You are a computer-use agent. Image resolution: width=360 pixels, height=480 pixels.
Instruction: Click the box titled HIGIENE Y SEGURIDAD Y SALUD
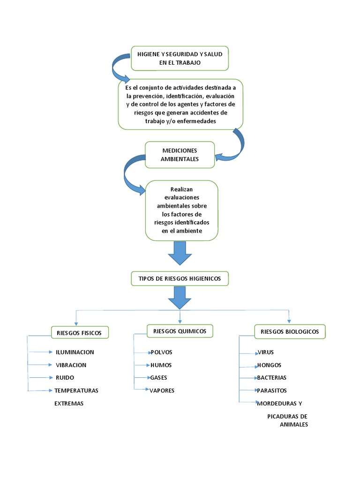(x=180, y=59)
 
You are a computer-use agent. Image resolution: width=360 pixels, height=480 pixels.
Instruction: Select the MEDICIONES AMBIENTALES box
(x=180, y=155)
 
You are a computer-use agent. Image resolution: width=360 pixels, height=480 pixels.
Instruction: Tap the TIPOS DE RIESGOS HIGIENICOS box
(x=180, y=278)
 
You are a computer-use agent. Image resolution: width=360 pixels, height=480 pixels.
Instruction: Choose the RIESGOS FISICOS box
(x=80, y=333)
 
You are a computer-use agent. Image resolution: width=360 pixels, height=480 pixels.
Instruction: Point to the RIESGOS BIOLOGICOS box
(x=290, y=331)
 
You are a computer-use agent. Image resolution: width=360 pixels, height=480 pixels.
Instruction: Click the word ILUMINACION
(x=75, y=352)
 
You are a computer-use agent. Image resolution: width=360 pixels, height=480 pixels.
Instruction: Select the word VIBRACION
(x=71, y=365)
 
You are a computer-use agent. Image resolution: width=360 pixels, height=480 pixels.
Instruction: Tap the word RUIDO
(x=65, y=377)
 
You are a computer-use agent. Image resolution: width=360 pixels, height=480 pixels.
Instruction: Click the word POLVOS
(x=162, y=352)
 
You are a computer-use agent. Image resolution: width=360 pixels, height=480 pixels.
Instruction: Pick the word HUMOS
(x=161, y=365)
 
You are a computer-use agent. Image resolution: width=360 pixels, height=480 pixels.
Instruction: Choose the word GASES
(x=159, y=377)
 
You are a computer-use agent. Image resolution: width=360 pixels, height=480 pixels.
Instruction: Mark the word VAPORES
(x=162, y=390)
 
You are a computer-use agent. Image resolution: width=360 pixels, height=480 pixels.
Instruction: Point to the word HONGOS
(x=269, y=365)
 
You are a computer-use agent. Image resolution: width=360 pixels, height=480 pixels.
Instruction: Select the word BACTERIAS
(x=271, y=377)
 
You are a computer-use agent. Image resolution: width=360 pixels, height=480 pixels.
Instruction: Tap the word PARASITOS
(x=272, y=390)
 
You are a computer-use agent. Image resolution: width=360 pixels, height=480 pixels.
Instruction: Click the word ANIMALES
(x=294, y=424)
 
